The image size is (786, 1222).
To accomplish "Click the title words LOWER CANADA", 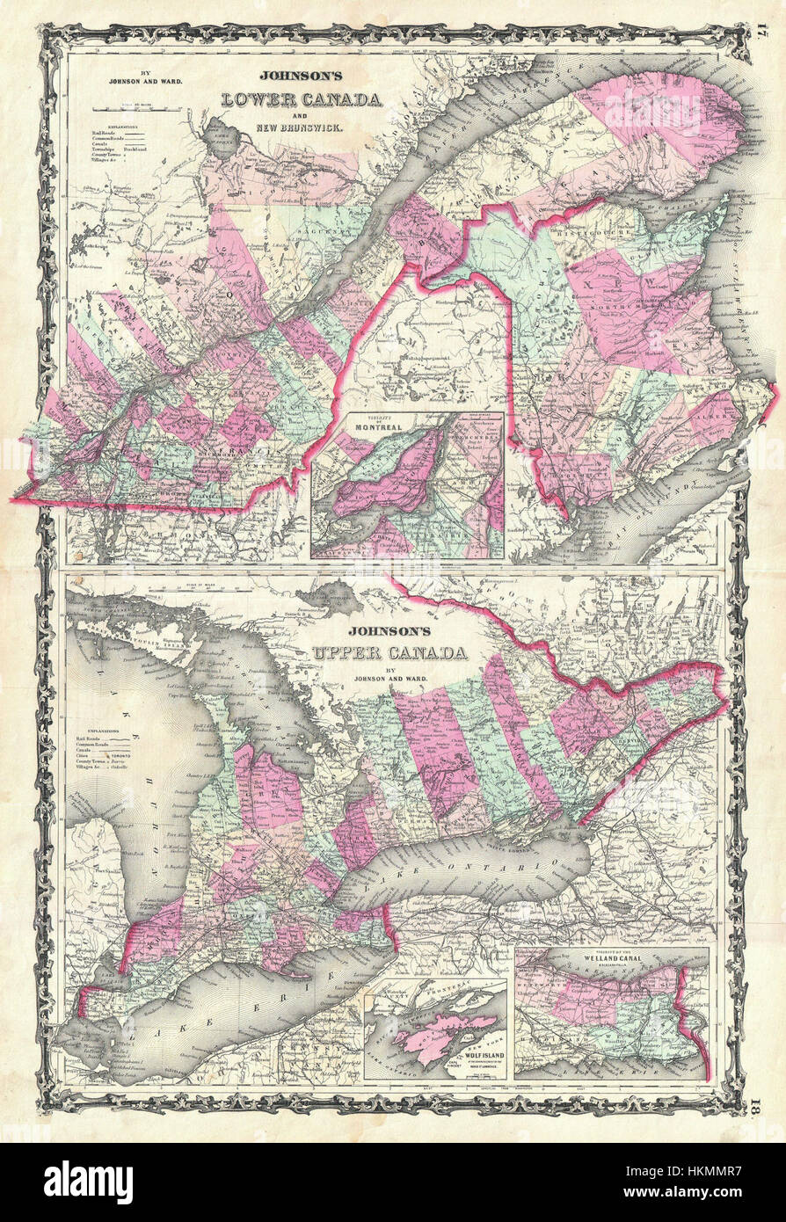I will pyautogui.click(x=302, y=99).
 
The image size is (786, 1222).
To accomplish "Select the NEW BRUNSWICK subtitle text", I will pyautogui.click(x=302, y=127).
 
